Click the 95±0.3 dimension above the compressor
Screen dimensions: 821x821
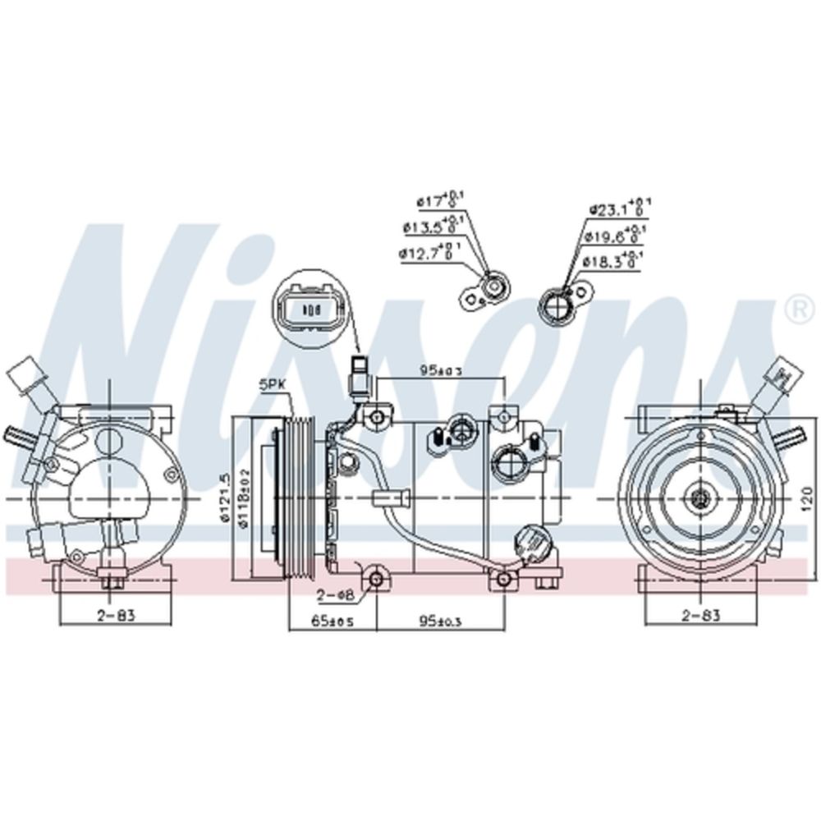click(439, 371)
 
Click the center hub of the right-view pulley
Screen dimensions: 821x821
click(699, 497)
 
